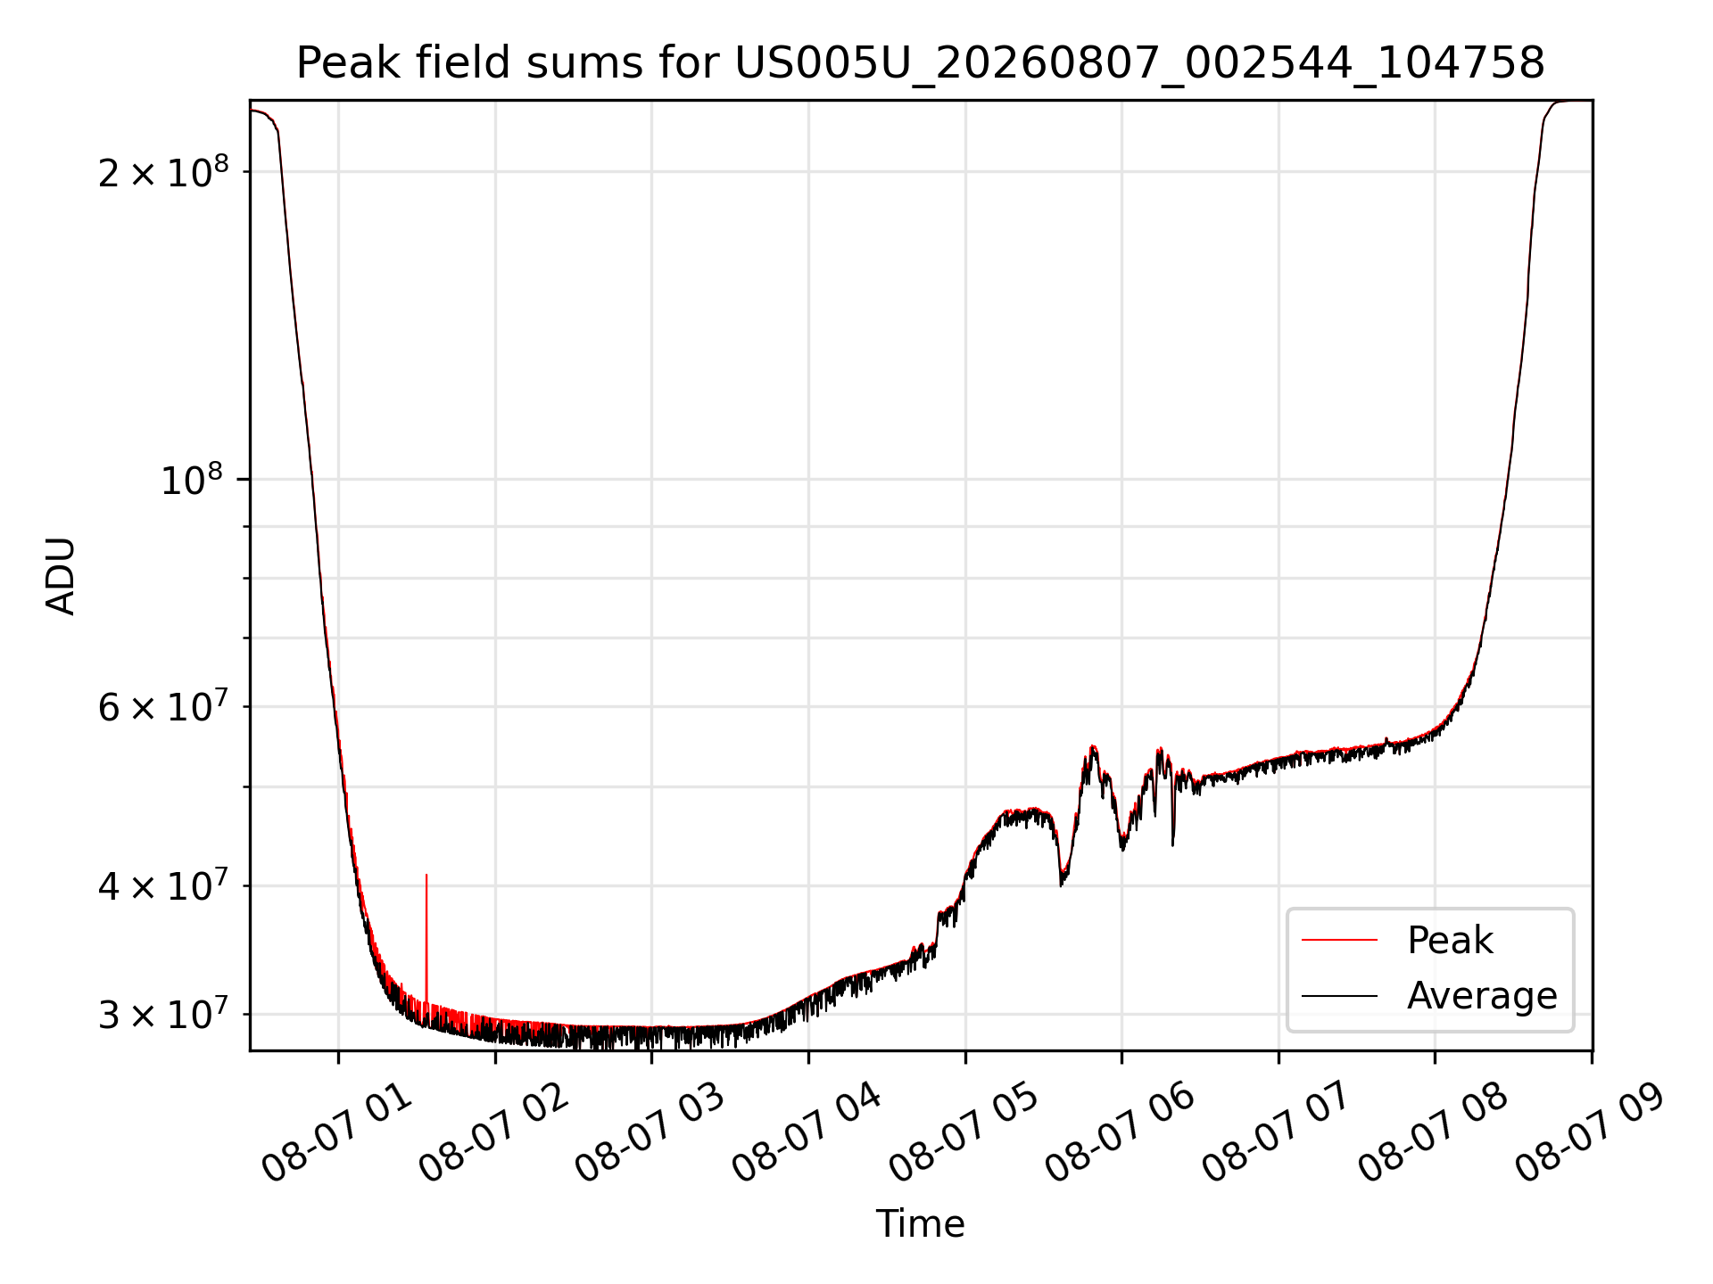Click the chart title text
point(920,63)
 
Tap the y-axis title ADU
point(61,576)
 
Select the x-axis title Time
point(920,1224)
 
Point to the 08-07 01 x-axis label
point(337,1132)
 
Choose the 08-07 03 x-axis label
point(650,1132)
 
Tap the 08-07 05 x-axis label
point(964,1132)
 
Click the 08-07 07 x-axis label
point(1278,1132)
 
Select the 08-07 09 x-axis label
point(1591,1132)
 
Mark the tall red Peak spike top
point(426,875)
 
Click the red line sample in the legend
point(1339,940)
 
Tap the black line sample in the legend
point(1339,995)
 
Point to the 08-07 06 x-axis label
point(1121,1132)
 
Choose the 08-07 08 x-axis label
point(1434,1132)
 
